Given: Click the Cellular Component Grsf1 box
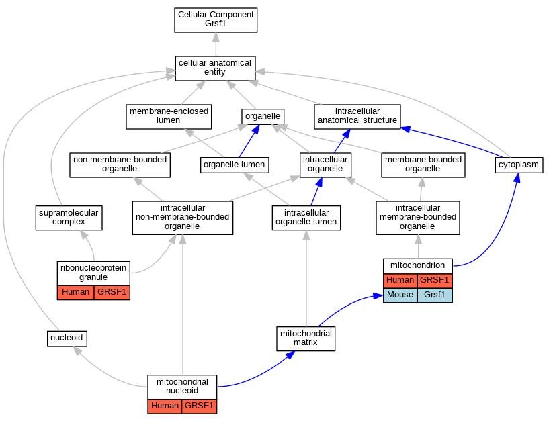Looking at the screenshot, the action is [216, 20].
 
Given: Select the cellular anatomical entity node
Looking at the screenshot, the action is [215, 68].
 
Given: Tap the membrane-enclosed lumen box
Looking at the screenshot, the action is [169, 117].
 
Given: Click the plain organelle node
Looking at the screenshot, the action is [263, 117].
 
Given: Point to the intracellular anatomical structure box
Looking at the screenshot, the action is [357, 117].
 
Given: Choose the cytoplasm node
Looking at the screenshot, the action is [519, 165].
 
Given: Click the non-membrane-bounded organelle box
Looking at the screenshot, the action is [120, 165].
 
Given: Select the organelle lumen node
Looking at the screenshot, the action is [235, 165].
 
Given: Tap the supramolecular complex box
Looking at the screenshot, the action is [69, 218].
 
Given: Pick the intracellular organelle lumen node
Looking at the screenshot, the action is [306, 218].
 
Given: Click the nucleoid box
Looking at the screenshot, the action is [67, 338].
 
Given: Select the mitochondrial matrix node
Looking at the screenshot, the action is [306, 339].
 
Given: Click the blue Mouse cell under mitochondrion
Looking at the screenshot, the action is [400, 295].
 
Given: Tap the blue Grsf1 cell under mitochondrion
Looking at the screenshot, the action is [435, 295].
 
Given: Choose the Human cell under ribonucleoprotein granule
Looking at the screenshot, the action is [75, 293].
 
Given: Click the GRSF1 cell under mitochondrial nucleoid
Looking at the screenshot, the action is [200, 406].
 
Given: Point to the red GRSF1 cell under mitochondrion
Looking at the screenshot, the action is [435, 281].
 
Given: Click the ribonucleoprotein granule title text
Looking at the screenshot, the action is [93, 273].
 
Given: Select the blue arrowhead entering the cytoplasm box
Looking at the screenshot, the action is [517, 177].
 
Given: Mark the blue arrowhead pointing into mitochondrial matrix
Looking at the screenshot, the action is [290, 355].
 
